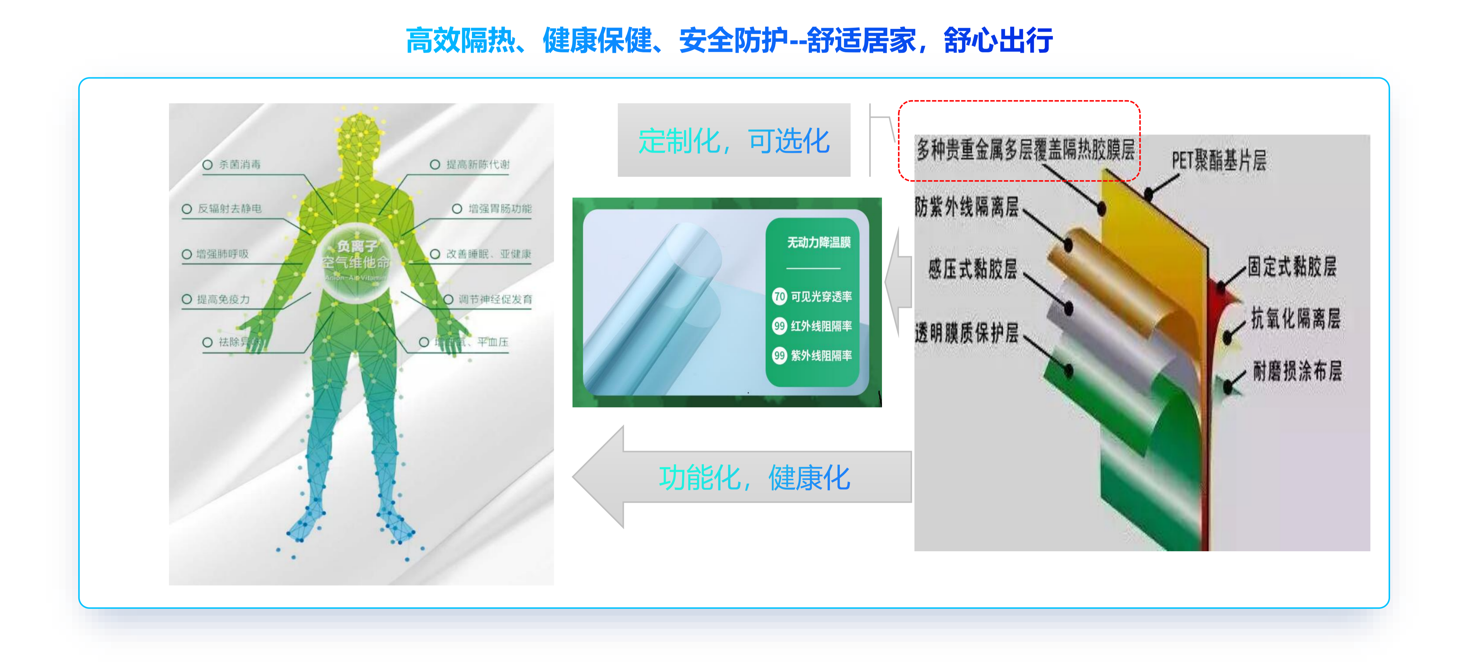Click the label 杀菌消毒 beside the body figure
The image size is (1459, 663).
(x=240, y=165)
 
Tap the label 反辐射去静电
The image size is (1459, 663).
(x=229, y=209)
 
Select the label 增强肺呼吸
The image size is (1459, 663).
(x=222, y=254)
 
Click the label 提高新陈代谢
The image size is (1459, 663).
(x=478, y=165)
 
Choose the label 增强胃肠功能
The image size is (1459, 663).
(x=500, y=209)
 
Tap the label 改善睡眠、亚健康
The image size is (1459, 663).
(x=488, y=254)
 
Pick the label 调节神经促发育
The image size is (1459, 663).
(x=495, y=299)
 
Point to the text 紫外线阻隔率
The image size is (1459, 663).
(x=821, y=356)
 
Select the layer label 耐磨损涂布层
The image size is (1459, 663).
(x=1297, y=372)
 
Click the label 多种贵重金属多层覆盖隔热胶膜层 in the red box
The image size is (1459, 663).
(x=1025, y=150)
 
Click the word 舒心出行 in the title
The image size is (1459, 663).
(x=998, y=41)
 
